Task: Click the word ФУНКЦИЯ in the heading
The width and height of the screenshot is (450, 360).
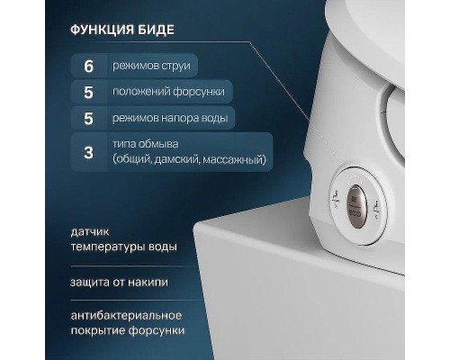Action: (x=106, y=30)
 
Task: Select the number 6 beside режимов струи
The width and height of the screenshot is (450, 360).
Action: (x=88, y=65)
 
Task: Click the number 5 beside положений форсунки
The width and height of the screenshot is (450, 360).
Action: (x=88, y=91)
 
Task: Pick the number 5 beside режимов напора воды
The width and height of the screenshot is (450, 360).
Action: (x=88, y=117)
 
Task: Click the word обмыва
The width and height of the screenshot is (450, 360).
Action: (x=158, y=144)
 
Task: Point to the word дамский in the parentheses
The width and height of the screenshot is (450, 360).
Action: (x=177, y=159)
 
